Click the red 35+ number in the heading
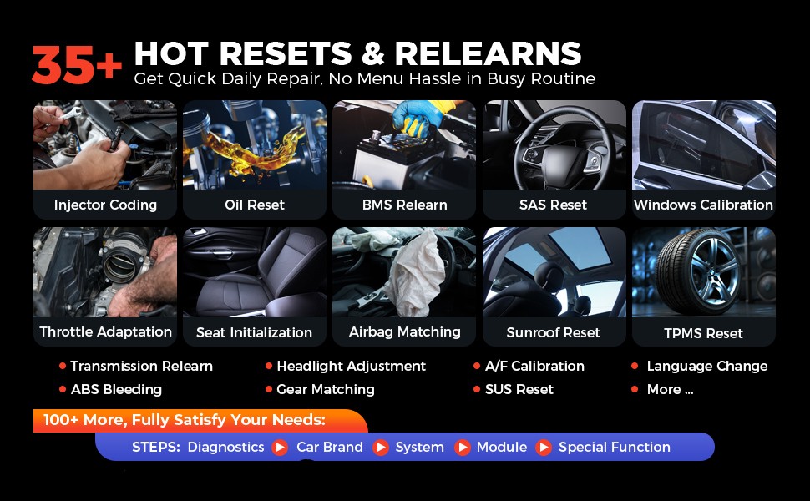click(x=77, y=64)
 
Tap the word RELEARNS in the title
click(x=488, y=53)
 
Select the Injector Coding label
click(x=105, y=205)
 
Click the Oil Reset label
click(x=255, y=205)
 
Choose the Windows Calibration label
click(x=704, y=205)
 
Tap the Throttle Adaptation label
click(x=105, y=331)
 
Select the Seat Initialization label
click(x=254, y=332)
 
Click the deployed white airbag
click(x=417, y=274)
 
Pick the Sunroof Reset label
click(x=554, y=332)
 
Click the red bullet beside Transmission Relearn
click(x=63, y=366)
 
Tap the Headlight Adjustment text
click(x=352, y=367)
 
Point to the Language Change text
click(x=707, y=367)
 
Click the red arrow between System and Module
click(x=463, y=448)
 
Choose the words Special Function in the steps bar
click(x=615, y=448)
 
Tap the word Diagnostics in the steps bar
click(x=225, y=448)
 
